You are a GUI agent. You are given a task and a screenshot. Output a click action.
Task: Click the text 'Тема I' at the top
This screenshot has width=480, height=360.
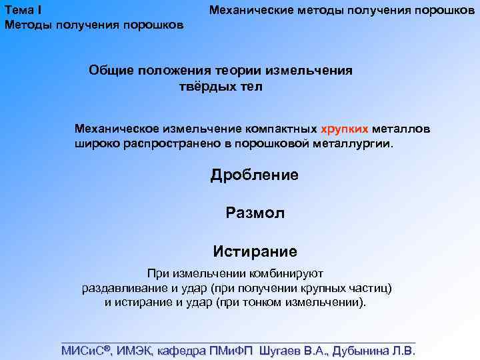click(x=24, y=11)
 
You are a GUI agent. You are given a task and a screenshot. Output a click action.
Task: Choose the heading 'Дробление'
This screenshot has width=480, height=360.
click(x=255, y=175)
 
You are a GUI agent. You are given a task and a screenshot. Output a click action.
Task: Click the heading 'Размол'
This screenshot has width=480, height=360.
click(x=255, y=213)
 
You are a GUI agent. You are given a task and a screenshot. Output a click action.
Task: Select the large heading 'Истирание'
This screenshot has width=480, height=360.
click(x=255, y=251)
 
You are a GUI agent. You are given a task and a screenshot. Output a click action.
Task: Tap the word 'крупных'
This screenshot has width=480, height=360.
click(x=326, y=288)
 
